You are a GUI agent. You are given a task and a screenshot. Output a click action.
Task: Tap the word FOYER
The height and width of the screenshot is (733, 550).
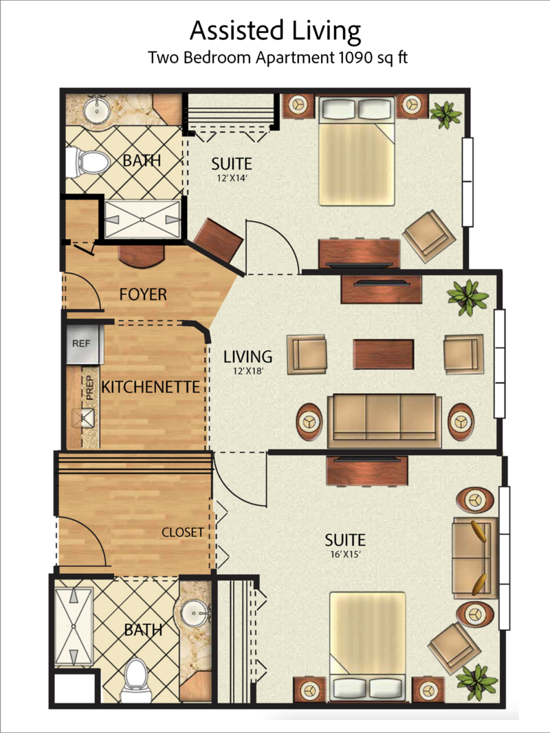click(x=143, y=295)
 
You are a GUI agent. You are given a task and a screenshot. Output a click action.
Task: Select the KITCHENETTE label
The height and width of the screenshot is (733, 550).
click(x=151, y=387)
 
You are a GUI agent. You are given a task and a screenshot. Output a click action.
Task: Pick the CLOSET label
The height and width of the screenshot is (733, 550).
click(x=182, y=532)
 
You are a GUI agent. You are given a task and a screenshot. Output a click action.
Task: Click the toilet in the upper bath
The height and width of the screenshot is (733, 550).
click(x=92, y=163)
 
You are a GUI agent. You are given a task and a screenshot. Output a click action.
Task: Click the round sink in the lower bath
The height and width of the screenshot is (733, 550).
click(x=196, y=610)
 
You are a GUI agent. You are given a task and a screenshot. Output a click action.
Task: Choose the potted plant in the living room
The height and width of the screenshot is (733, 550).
click(x=468, y=297)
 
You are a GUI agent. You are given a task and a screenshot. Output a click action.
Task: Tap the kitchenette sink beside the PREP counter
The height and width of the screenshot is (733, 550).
click(x=85, y=418)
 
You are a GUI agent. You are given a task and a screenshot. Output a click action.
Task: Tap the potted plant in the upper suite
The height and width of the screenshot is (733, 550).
click(x=445, y=114)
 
